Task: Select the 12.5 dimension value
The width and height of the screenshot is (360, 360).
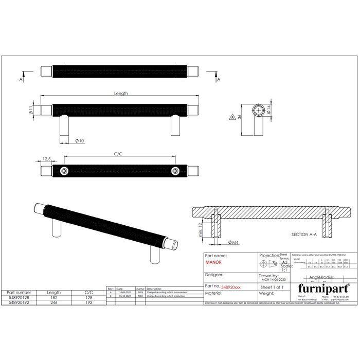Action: click(x=46, y=159)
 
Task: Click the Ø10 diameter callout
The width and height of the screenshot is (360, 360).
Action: click(x=80, y=140)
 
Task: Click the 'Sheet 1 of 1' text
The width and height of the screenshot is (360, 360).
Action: click(x=273, y=287)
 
